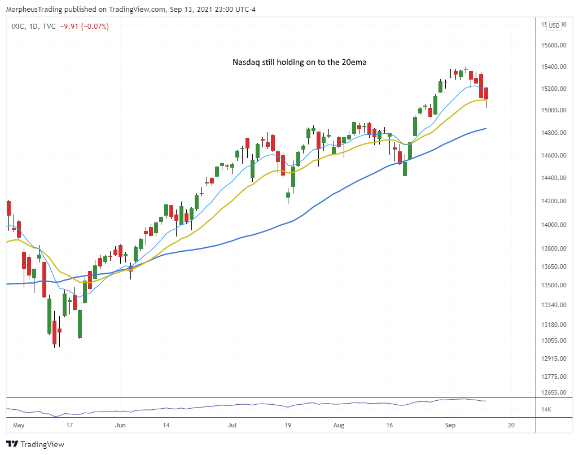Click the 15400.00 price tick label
pos(552,67)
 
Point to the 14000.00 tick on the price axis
pos(552,225)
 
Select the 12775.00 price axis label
pos(552,377)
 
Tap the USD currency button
pos(554,25)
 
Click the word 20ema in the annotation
pos(354,62)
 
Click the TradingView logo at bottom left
pos(35,444)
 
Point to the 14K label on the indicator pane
pos(547,409)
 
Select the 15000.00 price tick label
pos(552,110)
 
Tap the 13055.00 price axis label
pos(552,340)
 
